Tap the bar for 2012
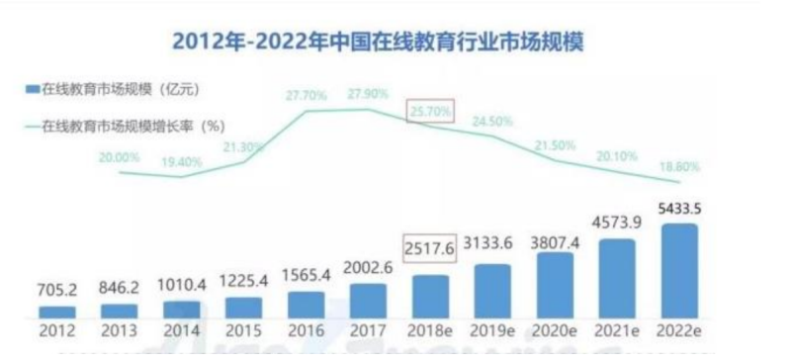coord(57,312)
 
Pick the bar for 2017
coord(369,301)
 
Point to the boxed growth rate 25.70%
coord(431,112)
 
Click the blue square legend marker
coord(31,91)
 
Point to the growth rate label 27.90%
coord(369,93)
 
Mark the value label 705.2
coord(57,293)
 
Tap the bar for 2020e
coord(556,288)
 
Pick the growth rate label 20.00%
coord(120,156)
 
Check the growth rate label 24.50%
coord(493,122)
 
